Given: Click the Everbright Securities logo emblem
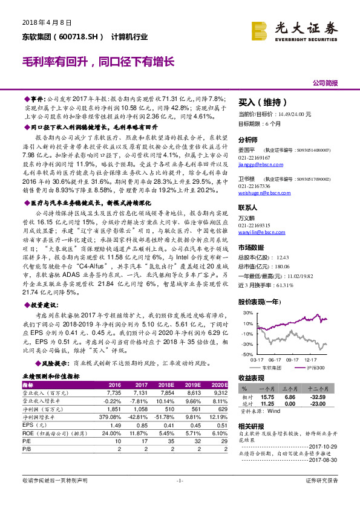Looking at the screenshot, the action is click(261, 29).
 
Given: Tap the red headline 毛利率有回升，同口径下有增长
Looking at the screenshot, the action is click(97, 62).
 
